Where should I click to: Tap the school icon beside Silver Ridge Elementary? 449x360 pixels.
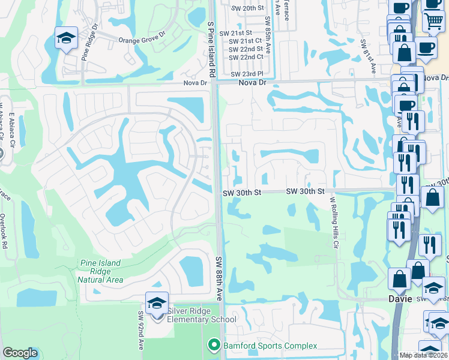click(157, 304)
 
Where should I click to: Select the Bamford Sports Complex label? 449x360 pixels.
click(270, 346)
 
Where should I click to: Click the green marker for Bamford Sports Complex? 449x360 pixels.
click(212, 345)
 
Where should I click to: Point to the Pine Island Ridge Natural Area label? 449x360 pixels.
click(101, 271)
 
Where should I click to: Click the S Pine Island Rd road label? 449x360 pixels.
click(211, 47)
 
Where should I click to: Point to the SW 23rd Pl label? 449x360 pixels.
click(247, 74)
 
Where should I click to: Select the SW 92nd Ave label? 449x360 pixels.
click(142, 330)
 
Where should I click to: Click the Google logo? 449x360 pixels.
click(20, 353)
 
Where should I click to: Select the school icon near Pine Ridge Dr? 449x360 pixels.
click(66, 39)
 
